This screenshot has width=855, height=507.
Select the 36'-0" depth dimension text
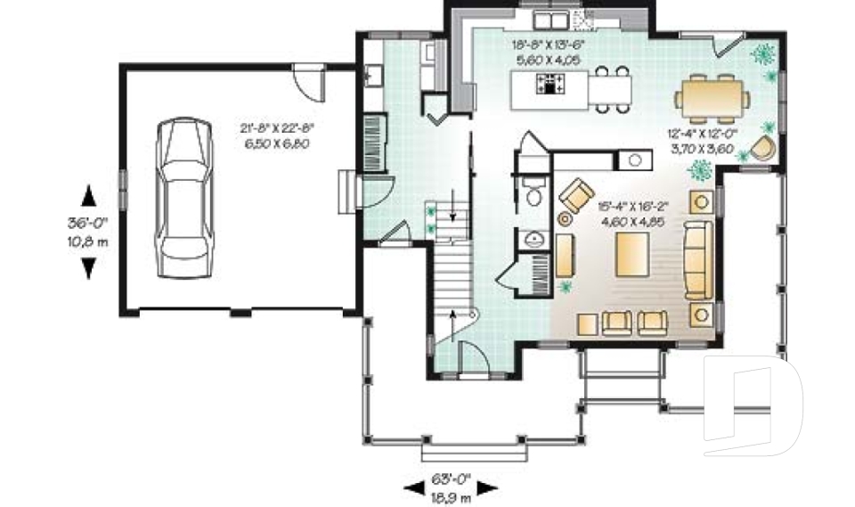87,226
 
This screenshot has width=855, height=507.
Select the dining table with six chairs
712,95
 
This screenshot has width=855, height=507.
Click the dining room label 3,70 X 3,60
699,149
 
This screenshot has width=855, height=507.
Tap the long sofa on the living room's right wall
697,259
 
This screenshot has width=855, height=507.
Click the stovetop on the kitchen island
550,85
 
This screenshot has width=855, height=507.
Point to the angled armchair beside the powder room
576,192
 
